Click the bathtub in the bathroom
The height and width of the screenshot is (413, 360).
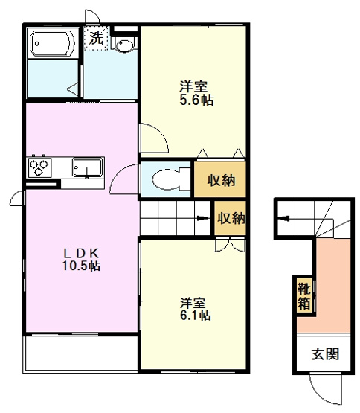[x=52, y=43]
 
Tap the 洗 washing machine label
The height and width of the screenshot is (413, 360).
[x=96, y=38]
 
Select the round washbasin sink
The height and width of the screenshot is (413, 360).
[x=123, y=45]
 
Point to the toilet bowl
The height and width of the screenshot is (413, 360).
[x=166, y=179]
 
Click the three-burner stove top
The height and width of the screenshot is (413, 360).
[x=39, y=167]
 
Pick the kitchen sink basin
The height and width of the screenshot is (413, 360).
[x=87, y=167]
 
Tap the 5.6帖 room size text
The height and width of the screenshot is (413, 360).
[x=196, y=100]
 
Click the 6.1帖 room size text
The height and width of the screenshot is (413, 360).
[x=196, y=316]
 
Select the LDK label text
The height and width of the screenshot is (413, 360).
[x=81, y=253]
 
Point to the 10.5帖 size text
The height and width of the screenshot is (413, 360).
[x=81, y=266]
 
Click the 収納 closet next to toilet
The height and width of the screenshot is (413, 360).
[x=220, y=179]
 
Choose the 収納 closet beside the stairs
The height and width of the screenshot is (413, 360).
[x=230, y=218]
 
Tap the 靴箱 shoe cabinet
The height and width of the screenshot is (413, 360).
[x=304, y=295]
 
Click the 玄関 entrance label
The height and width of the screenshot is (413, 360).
[x=325, y=354]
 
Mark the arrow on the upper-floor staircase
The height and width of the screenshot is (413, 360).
[x=203, y=218]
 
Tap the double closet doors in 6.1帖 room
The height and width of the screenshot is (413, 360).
[x=231, y=244]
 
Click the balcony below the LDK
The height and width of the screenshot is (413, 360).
[x=80, y=353]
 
